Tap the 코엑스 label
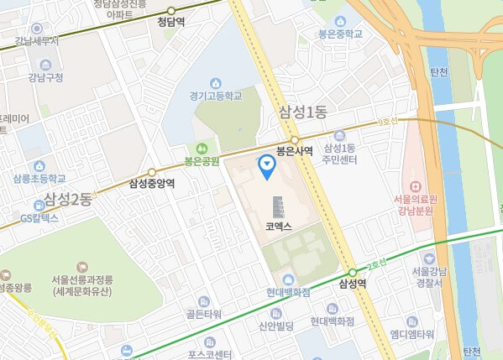coord(279,226)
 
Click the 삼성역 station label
coord(354,285)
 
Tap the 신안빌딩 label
coord(275,325)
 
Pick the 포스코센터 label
coord(210,354)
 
